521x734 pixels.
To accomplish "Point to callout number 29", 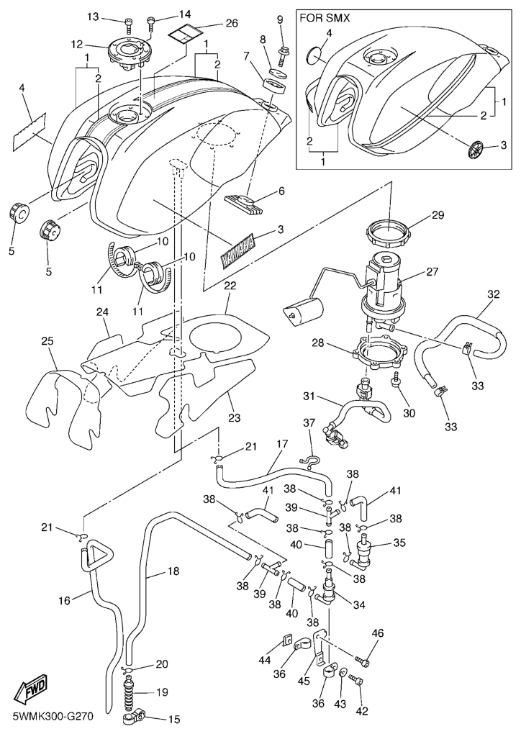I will [x=438, y=214].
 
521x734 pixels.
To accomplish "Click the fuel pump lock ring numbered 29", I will [x=390, y=233].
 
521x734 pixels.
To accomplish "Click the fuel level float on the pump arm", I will [x=304, y=312].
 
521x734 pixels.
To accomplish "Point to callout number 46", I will [x=378, y=633].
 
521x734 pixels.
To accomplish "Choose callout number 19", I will [x=162, y=692].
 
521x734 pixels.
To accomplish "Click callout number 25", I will [x=47, y=340].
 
